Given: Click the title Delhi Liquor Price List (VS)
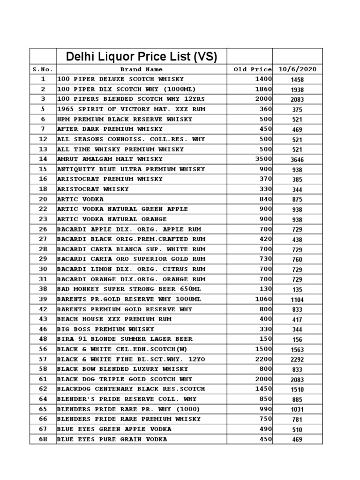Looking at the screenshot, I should pyautogui.click(x=142, y=57).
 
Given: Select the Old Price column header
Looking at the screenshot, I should pyautogui.click(x=252, y=69).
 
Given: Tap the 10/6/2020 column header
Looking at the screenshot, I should pyautogui.click(x=297, y=69).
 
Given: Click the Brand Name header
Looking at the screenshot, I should pyautogui.click(x=141, y=69).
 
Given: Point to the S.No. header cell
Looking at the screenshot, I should pyautogui.click(x=43, y=69).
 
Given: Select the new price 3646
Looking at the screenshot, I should pyautogui.click(x=297, y=160).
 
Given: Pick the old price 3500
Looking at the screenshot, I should pyautogui.click(x=263, y=159).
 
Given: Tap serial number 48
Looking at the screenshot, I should pyautogui.click(x=43, y=339).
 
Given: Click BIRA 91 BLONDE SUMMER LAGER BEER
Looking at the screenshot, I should pyautogui.click(x=125, y=339).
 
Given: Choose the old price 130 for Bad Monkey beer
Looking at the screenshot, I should pyautogui.click(x=266, y=289).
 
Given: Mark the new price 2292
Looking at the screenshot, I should pyautogui.click(x=297, y=360).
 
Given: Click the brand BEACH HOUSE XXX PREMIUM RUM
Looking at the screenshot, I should pyautogui.click(x=114, y=319).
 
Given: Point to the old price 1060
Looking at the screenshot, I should pyautogui.click(x=263, y=299).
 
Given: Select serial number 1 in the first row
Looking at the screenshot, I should pyautogui.click(x=43, y=79).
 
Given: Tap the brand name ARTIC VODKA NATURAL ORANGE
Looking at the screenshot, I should pyautogui.click(x=112, y=219).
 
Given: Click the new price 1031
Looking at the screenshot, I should pyautogui.click(x=297, y=410).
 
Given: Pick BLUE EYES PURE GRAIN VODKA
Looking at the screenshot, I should pyautogui.click(x=112, y=439).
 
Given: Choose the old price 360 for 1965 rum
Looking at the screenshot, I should pyautogui.click(x=266, y=109).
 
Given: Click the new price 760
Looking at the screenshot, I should pyautogui.click(x=297, y=260).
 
